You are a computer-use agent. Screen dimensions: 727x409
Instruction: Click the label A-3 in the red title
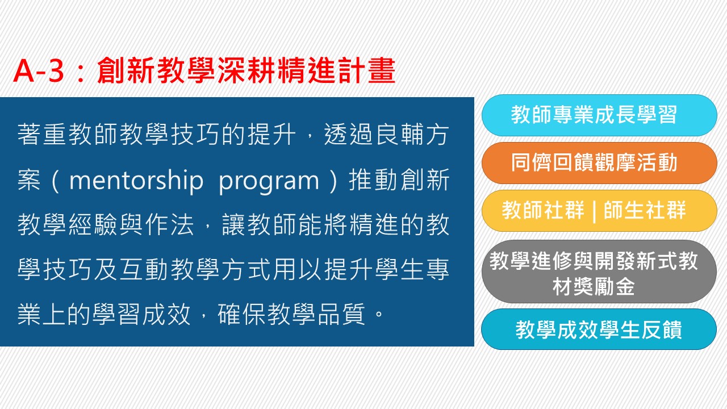tap(39, 71)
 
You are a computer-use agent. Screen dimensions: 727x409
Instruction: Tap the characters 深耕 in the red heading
tap(246, 70)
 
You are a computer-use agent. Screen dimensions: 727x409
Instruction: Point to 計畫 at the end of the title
tap(367, 70)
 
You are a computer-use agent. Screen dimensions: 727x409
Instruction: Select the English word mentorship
tap(136, 180)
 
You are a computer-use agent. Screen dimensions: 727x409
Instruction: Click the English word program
tap(269, 182)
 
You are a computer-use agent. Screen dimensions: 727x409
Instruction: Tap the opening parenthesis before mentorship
tap(55, 180)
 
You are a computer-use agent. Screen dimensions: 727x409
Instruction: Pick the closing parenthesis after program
tap(333, 180)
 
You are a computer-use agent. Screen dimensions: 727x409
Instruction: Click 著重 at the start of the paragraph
tap(42, 135)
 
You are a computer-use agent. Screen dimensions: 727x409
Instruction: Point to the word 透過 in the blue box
tap(349, 135)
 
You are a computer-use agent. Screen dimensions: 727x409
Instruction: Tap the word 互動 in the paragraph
tap(144, 269)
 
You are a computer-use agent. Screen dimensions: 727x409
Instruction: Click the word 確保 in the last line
tap(242, 314)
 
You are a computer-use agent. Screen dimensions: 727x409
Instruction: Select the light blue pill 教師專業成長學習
tap(599, 115)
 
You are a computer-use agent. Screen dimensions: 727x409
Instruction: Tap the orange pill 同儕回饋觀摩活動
tap(599, 163)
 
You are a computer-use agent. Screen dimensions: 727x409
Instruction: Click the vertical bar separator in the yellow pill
tap(594, 211)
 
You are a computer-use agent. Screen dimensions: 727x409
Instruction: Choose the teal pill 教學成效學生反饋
tap(599, 329)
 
